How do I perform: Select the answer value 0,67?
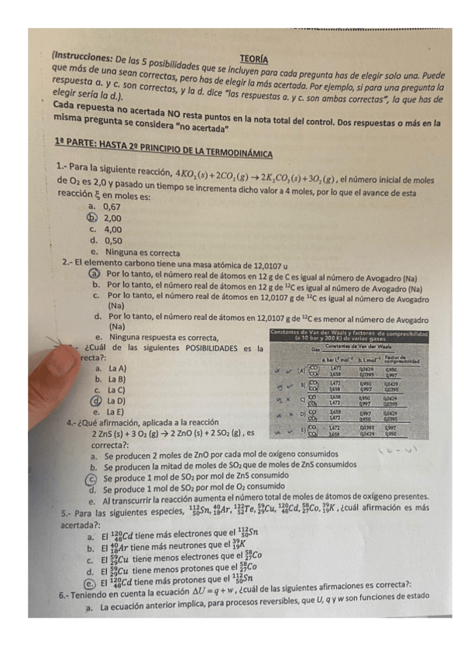coord(112,208)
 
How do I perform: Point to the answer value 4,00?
coord(112,229)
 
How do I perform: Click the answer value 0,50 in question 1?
coord(112,240)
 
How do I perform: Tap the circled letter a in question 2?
coord(92,274)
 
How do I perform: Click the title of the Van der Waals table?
coord(359,335)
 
